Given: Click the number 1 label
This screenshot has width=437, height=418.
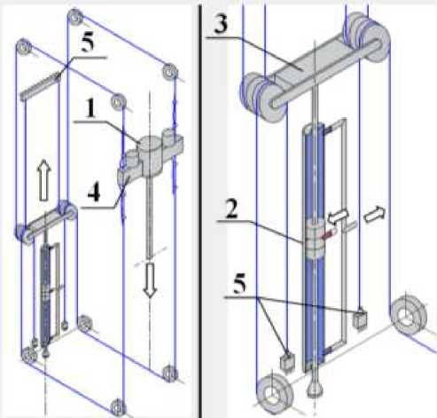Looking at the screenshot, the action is pyautogui.click(x=91, y=108).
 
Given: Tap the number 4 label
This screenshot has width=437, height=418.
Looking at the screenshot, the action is pyautogui.click(x=94, y=193).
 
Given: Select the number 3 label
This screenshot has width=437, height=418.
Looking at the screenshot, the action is pyautogui.click(x=222, y=24).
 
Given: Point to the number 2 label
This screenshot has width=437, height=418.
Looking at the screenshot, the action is pyautogui.click(x=231, y=209).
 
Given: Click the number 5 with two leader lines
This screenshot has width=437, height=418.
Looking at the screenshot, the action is pyautogui.click(x=239, y=283).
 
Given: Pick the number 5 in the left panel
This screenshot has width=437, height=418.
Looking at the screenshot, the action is pyautogui.click(x=88, y=42).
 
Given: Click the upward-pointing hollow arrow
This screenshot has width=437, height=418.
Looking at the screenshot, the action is pyautogui.click(x=44, y=180).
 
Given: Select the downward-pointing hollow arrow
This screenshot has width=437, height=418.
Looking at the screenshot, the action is pyautogui.click(x=150, y=280).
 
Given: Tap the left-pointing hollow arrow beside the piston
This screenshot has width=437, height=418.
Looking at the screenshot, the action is pyautogui.click(x=338, y=217).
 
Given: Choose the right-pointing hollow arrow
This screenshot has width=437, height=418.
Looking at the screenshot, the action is pyautogui.click(x=374, y=214).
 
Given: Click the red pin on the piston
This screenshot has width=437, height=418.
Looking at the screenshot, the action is pyautogui.click(x=327, y=235).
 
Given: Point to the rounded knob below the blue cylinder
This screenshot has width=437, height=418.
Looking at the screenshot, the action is pyautogui.click(x=315, y=389).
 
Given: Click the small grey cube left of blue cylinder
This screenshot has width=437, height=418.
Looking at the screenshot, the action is pyautogui.click(x=287, y=360).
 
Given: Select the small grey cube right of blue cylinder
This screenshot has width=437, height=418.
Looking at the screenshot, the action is pyautogui.click(x=361, y=319).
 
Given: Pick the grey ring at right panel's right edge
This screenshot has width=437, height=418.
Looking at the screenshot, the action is pyautogui.click(x=409, y=314).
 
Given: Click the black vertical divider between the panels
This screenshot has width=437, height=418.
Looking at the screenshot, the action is pyautogui.click(x=201, y=209).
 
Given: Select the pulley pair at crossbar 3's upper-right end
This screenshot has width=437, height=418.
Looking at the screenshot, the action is pyautogui.click(x=367, y=36).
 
